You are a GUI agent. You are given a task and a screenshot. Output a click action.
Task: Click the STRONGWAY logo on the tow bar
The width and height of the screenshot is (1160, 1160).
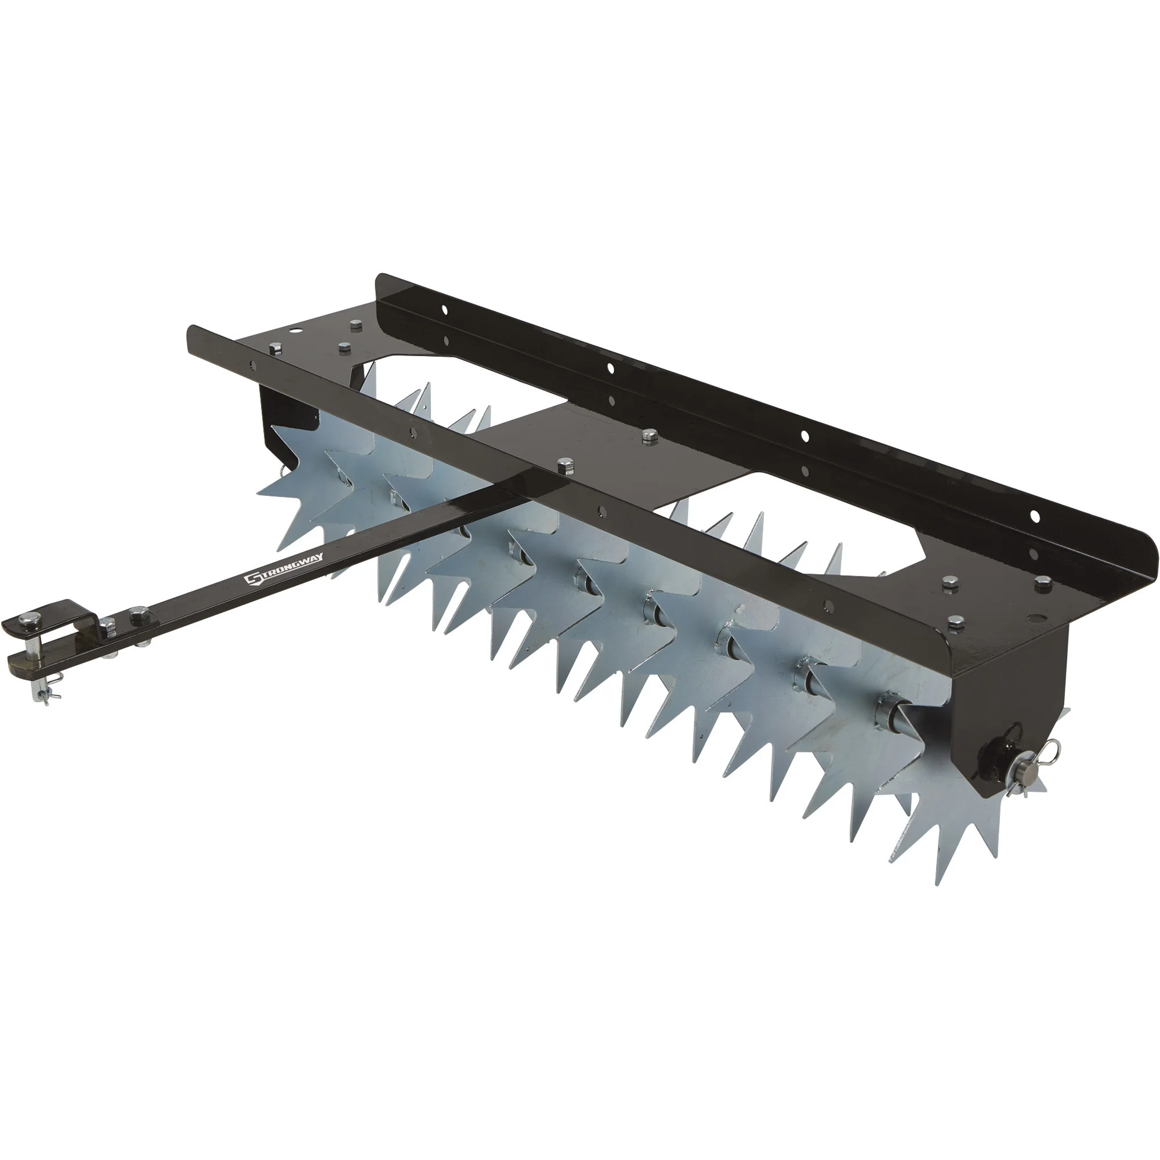click(284, 567)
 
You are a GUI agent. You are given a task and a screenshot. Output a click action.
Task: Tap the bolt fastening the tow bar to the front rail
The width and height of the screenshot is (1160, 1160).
click(563, 464)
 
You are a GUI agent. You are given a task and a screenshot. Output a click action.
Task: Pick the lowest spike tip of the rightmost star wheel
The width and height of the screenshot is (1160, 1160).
click(938, 883)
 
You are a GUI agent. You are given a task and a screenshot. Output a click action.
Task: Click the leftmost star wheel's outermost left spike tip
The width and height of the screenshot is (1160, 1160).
click(258, 495)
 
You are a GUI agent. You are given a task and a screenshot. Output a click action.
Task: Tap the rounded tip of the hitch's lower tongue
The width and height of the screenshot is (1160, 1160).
click(13, 662)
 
